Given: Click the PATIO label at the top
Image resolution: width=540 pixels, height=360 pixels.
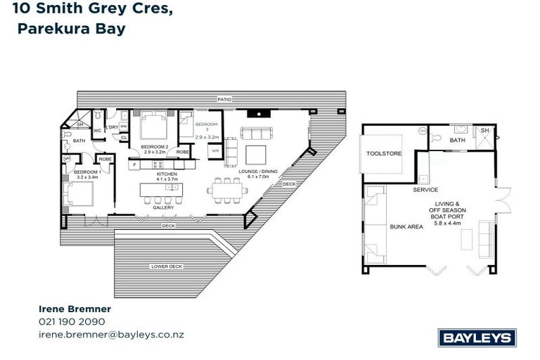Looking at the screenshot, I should click(x=224, y=100).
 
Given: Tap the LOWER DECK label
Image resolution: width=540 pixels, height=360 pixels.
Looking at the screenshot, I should click(x=166, y=266).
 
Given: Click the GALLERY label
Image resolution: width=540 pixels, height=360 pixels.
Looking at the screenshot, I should click(x=163, y=208).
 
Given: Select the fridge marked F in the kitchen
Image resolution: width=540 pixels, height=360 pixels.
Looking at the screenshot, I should click(x=134, y=164).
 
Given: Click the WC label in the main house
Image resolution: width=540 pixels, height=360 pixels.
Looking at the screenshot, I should click(x=98, y=130).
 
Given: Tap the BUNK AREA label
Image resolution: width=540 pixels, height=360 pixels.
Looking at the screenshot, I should click(x=406, y=227).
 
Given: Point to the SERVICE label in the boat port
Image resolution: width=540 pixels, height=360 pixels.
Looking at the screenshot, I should click(x=425, y=190).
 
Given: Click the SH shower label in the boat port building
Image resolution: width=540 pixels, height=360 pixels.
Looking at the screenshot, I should click(x=485, y=131).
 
